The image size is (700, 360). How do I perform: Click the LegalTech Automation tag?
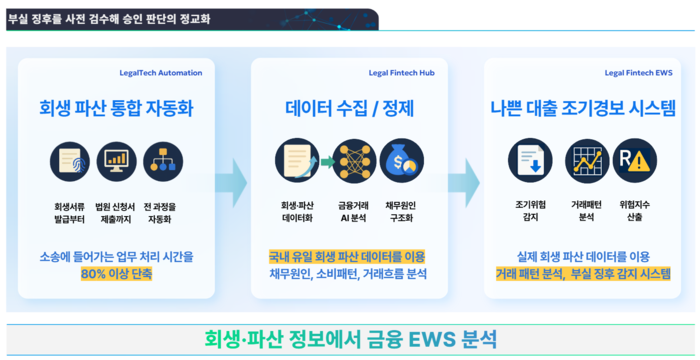pyautogui.click(x=160, y=73)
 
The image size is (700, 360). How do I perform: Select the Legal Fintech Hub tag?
pyautogui.click(x=401, y=73)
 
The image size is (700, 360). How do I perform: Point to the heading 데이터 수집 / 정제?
pyautogui.click(x=350, y=107)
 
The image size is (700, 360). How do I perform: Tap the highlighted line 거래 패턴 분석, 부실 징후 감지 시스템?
pyautogui.click(x=582, y=274)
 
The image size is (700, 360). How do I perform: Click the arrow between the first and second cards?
pyautogui.click(x=233, y=182)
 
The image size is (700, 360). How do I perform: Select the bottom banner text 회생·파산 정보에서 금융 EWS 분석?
pyautogui.click(x=350, y=338)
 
